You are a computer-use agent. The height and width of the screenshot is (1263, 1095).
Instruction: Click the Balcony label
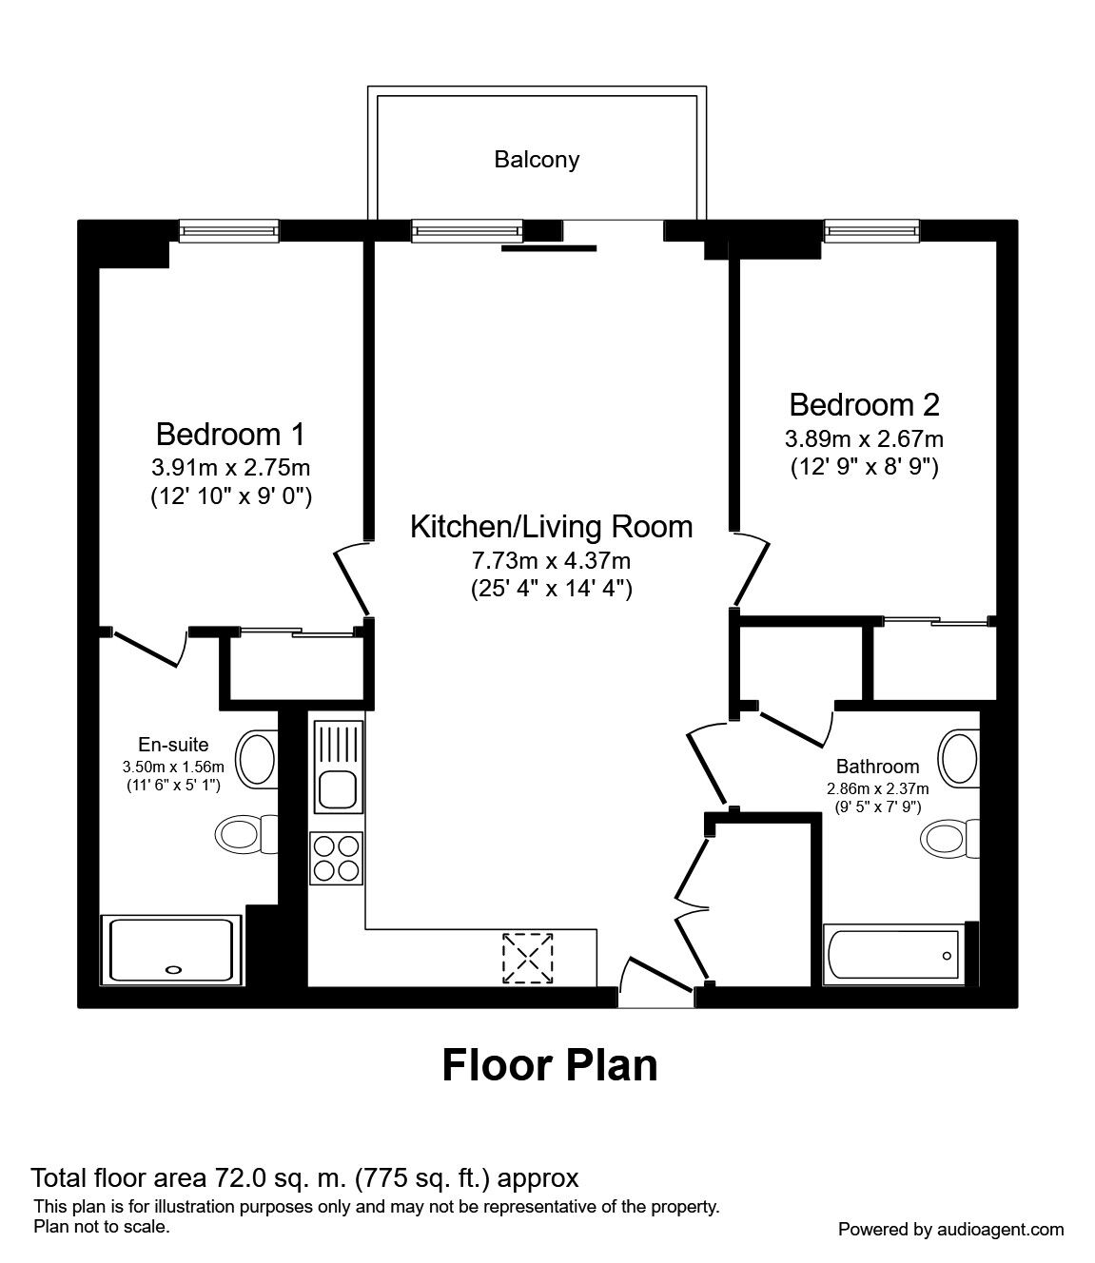537,160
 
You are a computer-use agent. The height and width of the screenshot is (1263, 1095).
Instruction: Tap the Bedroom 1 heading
230,435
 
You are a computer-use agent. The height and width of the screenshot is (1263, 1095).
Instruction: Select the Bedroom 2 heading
864,405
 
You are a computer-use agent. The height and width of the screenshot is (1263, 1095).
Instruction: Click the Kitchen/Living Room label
552,527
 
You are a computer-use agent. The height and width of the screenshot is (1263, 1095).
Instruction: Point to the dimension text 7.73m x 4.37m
551,560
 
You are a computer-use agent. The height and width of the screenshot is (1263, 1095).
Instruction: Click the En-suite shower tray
171,950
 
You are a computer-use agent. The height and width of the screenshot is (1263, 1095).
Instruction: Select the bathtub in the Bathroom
894,954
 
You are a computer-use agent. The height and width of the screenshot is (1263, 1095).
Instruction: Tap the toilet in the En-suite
246,834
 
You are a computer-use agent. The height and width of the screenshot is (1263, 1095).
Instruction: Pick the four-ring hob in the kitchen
336,858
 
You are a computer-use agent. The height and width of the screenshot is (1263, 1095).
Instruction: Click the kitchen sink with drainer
339,767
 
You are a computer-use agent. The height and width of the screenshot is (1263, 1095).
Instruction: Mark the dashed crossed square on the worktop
528,958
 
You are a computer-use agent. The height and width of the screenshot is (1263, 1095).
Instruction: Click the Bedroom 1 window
228,230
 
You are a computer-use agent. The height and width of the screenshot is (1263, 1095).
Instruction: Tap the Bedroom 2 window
871,230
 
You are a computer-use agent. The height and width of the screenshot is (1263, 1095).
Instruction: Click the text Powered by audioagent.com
950,1230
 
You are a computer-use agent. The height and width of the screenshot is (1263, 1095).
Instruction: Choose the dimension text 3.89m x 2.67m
864,438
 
